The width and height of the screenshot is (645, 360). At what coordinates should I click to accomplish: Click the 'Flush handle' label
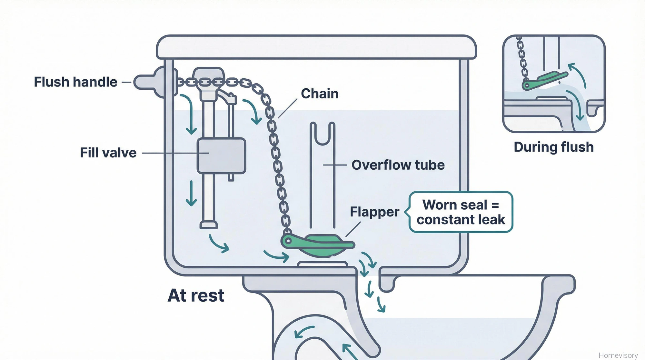click(x=75, y=82)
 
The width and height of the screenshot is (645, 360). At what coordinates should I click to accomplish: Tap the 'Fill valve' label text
click(x=108, y=153)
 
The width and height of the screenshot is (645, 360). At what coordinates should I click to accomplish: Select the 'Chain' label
click(x=320, y=94)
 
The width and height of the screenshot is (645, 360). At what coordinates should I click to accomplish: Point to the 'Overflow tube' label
click(x=398, y=165)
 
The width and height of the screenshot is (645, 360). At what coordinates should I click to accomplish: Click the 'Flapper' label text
click(x=374, y=212)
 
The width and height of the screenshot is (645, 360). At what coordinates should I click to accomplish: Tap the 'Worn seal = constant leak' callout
click(x=461, y=212)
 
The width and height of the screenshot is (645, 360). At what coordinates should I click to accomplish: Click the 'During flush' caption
click(x=553, y=147)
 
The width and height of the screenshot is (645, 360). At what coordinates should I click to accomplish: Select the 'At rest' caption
click(x=196, y=295)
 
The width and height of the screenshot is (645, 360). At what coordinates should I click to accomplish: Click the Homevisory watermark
click(x=618, y=355)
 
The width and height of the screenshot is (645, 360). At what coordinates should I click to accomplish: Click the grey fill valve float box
click(x=221, y=156)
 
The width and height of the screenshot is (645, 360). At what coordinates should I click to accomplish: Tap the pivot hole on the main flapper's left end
click(x=287, y=241)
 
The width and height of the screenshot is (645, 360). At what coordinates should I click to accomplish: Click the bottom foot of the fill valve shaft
click(x=208, y=225)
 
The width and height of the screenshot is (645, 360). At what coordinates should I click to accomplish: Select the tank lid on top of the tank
click(x=316, y=47)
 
